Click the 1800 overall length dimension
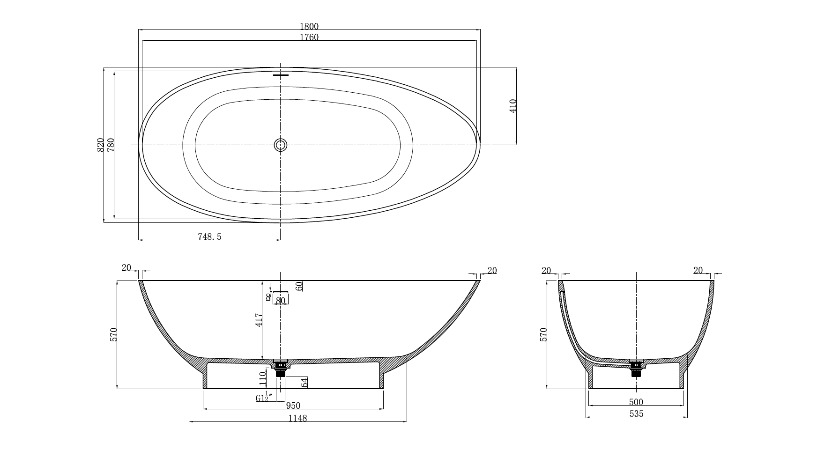[309, 27]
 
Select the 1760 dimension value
[309, 37]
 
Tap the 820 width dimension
[100, 145]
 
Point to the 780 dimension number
[111, 145]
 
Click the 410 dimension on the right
[513, 106]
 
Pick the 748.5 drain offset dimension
[209, 237]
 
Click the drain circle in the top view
[281, 145]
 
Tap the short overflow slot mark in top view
[281, 75]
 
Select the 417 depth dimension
[259, 320]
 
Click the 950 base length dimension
[293, 406]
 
